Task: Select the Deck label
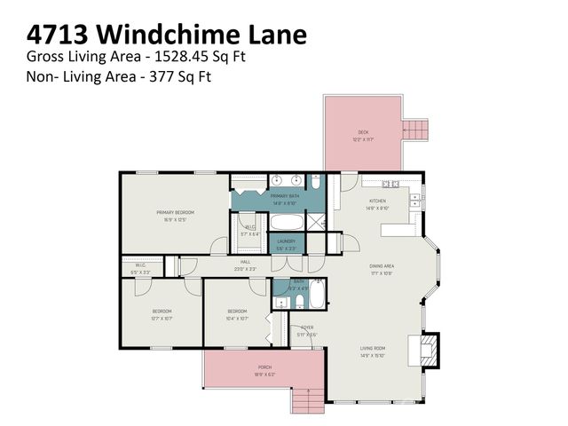point(364,133)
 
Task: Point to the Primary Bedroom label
point(175,213)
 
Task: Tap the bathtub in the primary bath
point(285,222)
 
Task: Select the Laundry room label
point(286,241)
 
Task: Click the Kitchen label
point(378,201)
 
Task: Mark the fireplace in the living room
point(426,348)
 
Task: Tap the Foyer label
point(307,327)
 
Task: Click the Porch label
point(264,367)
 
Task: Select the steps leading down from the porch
point(307,398)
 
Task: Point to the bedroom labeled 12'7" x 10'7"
point(161,312)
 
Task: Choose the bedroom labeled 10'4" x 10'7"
point(236,312)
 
